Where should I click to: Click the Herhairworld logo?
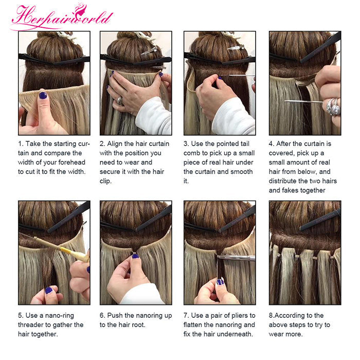click(x=62, y=16)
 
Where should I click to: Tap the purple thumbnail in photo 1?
click(x=43, y=95)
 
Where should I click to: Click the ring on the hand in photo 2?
click(x=120, y=101)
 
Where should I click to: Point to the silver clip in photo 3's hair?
click(x=236, y=48)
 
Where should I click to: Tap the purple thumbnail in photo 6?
click(x=135, y=256)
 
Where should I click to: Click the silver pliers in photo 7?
click(x=237, y=258)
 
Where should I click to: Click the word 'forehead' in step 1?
click(x=72, y=163)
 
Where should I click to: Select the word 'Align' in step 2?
click(x=115, y=144)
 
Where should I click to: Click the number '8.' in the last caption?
click(x=272, y=316)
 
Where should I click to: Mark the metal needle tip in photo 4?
click(x=285, y=101)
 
